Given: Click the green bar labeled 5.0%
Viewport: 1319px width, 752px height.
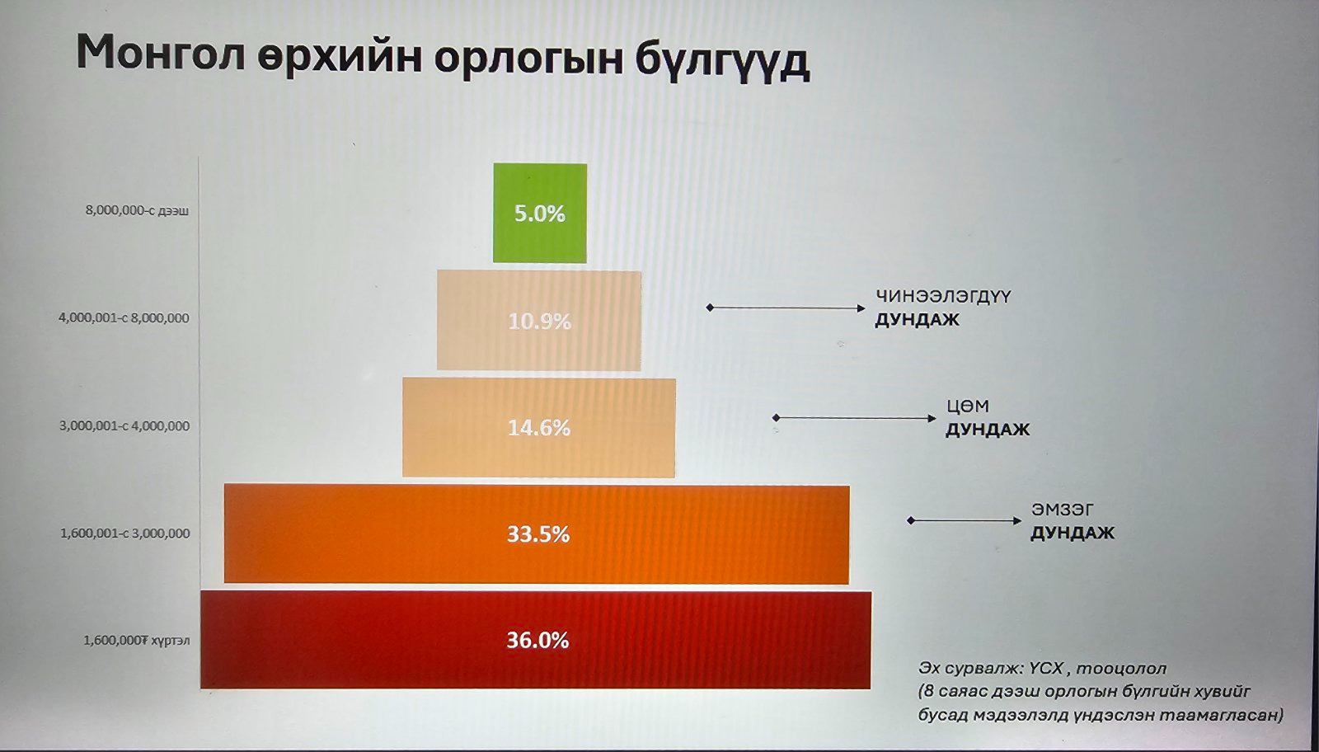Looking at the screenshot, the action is [x=540, y=213].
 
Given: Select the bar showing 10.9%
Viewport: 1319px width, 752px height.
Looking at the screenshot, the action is [x=539, y=321].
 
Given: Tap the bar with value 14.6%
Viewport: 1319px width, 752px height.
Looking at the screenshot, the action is [x=539, y=427].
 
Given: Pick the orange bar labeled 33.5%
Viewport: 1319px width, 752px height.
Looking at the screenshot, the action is [x=537, y=534].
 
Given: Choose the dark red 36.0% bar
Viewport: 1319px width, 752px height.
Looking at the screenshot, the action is [x=536, y=640].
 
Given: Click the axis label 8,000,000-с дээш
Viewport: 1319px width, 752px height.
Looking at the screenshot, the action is [x=137, y=210].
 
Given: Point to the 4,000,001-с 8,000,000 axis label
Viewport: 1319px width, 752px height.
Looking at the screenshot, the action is [x=124, y=318].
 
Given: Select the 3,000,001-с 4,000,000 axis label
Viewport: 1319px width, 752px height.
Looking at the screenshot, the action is [x=124, y=425].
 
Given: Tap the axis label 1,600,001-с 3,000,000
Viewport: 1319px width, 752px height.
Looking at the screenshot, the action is [x=124, y=533].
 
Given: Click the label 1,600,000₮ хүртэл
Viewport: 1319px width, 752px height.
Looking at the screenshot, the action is [x=137, y=640].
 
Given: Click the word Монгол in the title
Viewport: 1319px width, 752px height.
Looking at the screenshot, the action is [x=160, y=53].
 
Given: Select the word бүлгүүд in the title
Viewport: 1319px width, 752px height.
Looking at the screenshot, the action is [x=722, y=59].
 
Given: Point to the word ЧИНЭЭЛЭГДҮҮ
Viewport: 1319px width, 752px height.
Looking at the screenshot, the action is [x=943, y=296].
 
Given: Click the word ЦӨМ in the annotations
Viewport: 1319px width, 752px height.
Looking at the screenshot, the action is [x=968, y=407].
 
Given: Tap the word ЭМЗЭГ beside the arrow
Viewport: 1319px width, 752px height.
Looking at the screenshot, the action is [x=1063, y=510].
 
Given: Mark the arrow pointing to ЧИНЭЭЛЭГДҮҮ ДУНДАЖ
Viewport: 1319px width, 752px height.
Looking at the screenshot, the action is [x=786, y=308].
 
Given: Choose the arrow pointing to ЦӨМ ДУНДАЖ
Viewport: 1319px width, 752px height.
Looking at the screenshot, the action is [x=854, y=418].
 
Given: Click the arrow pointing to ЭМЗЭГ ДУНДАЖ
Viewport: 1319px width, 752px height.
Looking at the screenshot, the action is [x=965, y=520].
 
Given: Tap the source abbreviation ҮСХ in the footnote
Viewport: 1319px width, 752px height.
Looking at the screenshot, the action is [x=1046, y=669].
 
